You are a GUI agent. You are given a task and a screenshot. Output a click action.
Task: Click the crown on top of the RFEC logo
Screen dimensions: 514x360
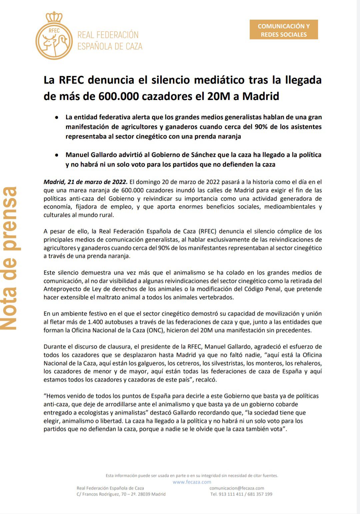[x=54, y=17]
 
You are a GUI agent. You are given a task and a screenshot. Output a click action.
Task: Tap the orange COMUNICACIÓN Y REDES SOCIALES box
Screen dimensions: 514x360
[x=284, y=30]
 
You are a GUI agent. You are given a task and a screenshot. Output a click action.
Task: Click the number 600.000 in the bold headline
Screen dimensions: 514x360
[x=119, y=96]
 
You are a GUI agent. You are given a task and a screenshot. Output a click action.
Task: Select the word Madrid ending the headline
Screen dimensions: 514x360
[x=261, y=96]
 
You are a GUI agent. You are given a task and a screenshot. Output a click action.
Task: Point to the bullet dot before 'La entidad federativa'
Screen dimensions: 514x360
[x=57, y=117]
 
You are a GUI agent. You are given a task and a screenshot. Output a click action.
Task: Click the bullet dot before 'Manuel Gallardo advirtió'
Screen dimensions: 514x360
[x=57, y=155]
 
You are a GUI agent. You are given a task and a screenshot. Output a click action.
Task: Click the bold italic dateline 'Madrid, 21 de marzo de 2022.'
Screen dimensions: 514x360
[x=85, y=182]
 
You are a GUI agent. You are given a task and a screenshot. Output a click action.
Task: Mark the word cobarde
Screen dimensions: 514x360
[x=287, y=404]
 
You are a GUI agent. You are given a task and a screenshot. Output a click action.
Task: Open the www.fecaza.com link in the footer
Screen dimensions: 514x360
[x=192, y=482]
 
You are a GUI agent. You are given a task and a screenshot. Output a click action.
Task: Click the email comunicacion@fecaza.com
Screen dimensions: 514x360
[x=237, y=488]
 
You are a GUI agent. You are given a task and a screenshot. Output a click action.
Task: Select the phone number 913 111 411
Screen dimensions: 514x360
[x=231, y=494]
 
